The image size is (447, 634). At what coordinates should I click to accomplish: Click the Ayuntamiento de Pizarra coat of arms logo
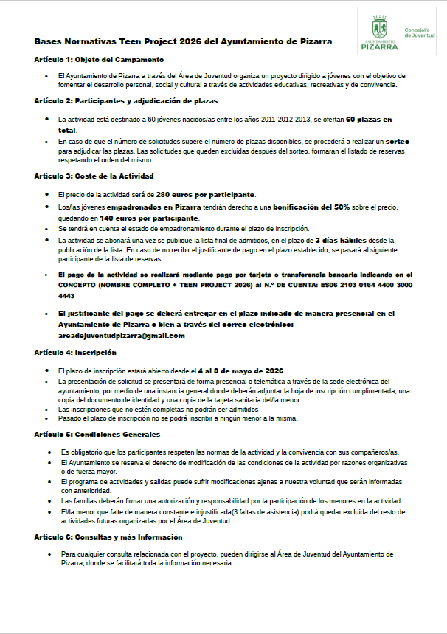coord(379,27)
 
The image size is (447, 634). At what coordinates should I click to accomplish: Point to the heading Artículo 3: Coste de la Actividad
coord(94,176)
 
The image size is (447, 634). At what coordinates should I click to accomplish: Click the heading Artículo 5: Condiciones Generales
coord(97,434)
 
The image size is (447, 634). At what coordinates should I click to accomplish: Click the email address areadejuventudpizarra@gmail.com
coord(121,335)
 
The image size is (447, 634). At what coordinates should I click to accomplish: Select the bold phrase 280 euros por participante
coord(205,195)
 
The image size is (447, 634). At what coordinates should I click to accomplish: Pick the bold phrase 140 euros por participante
coord(150,218)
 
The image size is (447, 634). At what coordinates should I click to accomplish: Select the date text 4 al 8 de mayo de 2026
coord(240,371)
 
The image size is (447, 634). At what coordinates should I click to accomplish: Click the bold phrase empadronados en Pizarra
coord(153,208)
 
